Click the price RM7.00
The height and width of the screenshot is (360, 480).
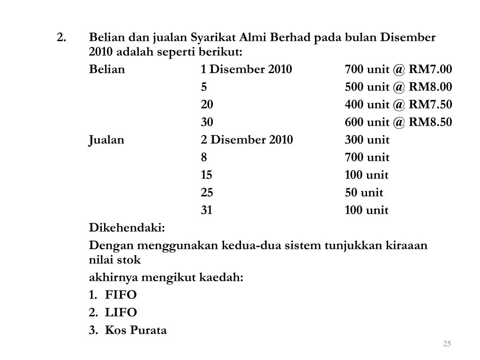(x=430, y=70)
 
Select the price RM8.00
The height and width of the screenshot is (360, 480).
(x=430, y=87)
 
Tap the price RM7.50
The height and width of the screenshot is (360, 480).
(x=430, y=105)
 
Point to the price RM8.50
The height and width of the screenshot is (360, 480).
(x=430, y=122)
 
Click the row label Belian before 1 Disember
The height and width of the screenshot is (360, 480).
(x=107, y=70)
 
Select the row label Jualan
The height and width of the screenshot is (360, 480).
(x=107, y=140)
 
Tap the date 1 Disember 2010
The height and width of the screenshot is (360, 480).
(x=246, y=70)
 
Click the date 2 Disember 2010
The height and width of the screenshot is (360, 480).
(x=247, y=140)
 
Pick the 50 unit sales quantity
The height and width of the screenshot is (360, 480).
(x=364, y=193)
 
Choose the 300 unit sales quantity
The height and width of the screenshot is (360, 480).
(x=367, y=140)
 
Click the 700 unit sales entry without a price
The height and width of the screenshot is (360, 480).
(x=367, y=157)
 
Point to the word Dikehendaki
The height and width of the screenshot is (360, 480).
(x=127, y=228)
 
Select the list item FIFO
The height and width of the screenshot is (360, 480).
(x=121, y=295)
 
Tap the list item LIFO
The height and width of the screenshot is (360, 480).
(x=121, y=313)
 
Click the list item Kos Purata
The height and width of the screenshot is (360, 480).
(x=136, y=330)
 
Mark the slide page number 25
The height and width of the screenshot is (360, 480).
(x=447, y=345)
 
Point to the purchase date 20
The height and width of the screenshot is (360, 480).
(x=207, y=105)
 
